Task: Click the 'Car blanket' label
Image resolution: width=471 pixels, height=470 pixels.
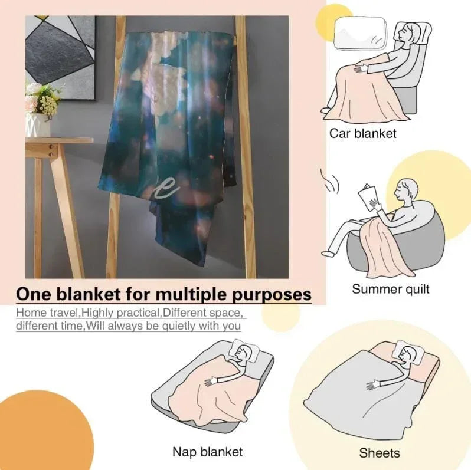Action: click(362, 133)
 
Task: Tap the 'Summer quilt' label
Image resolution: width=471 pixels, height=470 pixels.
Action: click(391, 289)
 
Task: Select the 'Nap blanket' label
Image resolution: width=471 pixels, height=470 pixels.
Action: click(208, 451)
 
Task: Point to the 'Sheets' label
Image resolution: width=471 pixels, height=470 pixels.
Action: click(380, 453)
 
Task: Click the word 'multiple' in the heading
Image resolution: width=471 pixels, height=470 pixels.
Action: click(192, 294)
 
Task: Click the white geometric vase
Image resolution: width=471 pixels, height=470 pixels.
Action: click(38, 125)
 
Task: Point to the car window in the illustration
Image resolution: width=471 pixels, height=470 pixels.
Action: click(359, 32)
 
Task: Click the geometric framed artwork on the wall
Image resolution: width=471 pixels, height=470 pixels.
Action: click(60, 57)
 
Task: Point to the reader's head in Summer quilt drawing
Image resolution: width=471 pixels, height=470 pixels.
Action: click(407, 190)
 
